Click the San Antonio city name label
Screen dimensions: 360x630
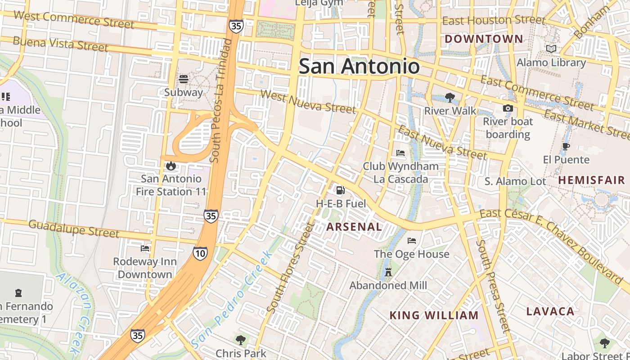(359, 67)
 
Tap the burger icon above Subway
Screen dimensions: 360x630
(184, 79)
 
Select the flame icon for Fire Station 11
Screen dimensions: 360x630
(171, 166)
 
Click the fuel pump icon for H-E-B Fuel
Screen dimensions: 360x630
(341, 190)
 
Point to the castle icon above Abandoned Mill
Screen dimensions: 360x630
(388, 272)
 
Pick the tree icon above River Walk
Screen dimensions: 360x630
(450, 97)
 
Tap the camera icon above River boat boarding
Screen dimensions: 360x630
(508, 108)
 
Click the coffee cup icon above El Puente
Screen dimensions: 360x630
(566, 146)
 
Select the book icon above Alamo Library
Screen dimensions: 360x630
(551, 49)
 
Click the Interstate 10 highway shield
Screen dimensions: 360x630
(200, 253)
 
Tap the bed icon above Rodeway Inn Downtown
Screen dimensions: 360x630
(145, 248)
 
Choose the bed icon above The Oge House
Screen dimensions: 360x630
(411, 241)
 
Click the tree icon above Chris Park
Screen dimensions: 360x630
(241, 340)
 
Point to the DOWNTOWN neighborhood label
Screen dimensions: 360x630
(484, 39)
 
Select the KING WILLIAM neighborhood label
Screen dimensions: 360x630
(434, 315)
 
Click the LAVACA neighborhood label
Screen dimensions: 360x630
(550, 311)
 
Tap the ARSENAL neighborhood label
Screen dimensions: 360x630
(354, 227)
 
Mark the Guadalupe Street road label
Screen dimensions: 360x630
(74, 228)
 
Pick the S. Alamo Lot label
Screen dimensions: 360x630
(515, 181)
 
